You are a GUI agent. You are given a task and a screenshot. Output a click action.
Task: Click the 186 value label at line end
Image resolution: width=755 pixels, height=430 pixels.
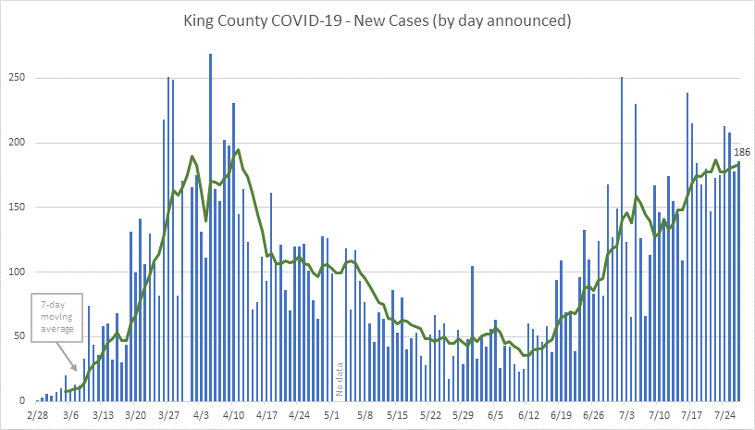(741, 152)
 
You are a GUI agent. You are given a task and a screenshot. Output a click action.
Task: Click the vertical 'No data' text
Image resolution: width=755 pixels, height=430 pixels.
(340, 379)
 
